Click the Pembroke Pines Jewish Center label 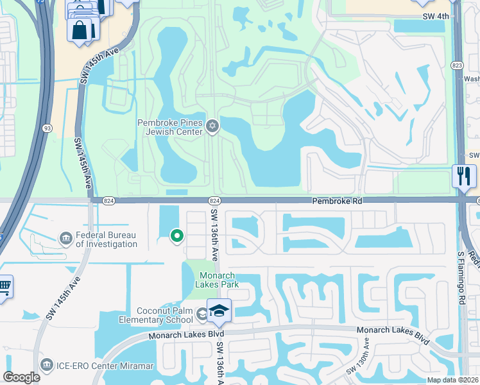170,126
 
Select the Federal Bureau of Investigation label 106,239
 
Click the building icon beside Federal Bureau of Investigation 65,239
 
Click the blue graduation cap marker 219,311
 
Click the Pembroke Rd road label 338,201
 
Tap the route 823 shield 457,65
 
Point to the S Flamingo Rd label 460,277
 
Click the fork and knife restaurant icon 463,175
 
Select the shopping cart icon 4,286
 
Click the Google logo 21,377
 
